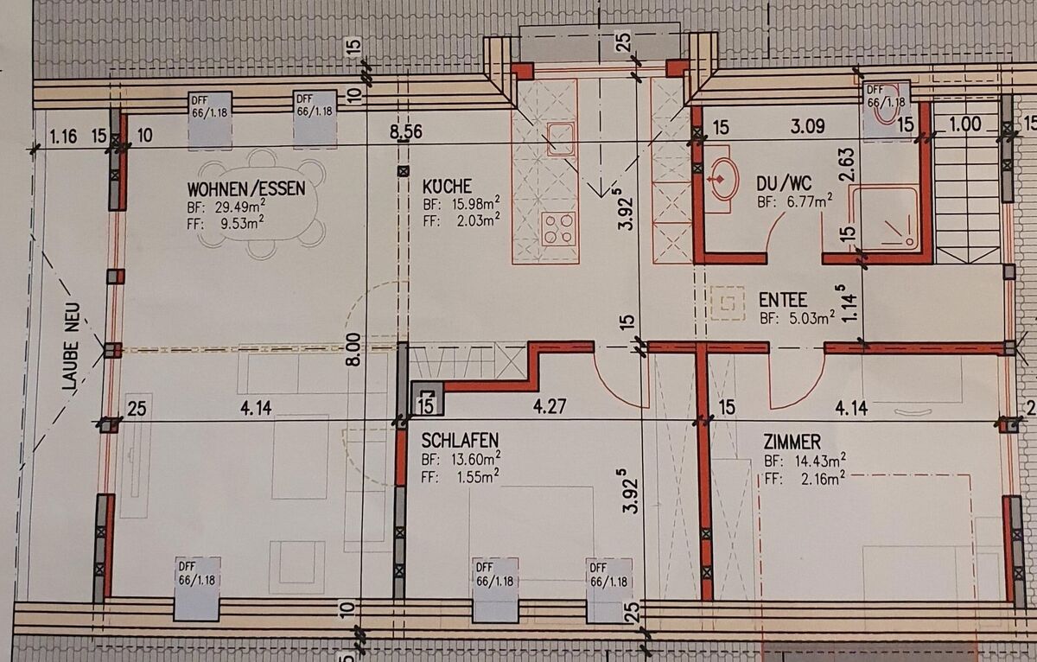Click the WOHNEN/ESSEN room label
(246, 188)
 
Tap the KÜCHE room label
(447, 186)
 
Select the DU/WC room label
(784, 184)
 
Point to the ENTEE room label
(782, 300)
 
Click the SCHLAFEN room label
(460, 440)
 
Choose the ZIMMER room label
(792, 442)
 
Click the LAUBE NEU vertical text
(72, 346)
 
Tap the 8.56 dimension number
(405, 132)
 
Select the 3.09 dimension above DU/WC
(807, 126)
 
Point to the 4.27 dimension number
(550, 406)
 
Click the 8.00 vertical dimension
(353, 349)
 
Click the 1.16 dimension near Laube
(63, 137)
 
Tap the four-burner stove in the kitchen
(558, 229)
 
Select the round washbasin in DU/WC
(722, 179)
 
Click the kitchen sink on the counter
(561, 138)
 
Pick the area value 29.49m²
(239, 206)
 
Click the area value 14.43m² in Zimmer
(820, 461)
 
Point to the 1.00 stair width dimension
(964, 124)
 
